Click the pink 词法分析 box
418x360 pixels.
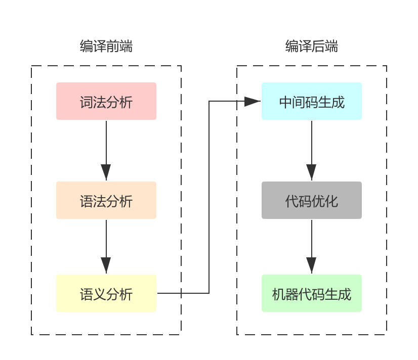(106, 101)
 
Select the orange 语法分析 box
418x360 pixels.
(106, 200)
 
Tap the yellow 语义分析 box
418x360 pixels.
(106, 293)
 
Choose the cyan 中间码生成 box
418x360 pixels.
(312, 101)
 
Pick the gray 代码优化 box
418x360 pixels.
(312, 200)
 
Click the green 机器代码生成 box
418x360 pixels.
(312, 293)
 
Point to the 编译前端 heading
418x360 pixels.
(106, 47)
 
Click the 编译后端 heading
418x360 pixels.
(312, 47)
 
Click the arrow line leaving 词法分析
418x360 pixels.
(106, 142)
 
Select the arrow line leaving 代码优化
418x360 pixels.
(311, 238)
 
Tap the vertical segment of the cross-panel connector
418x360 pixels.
(209, 197)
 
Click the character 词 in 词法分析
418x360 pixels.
(87, 102)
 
